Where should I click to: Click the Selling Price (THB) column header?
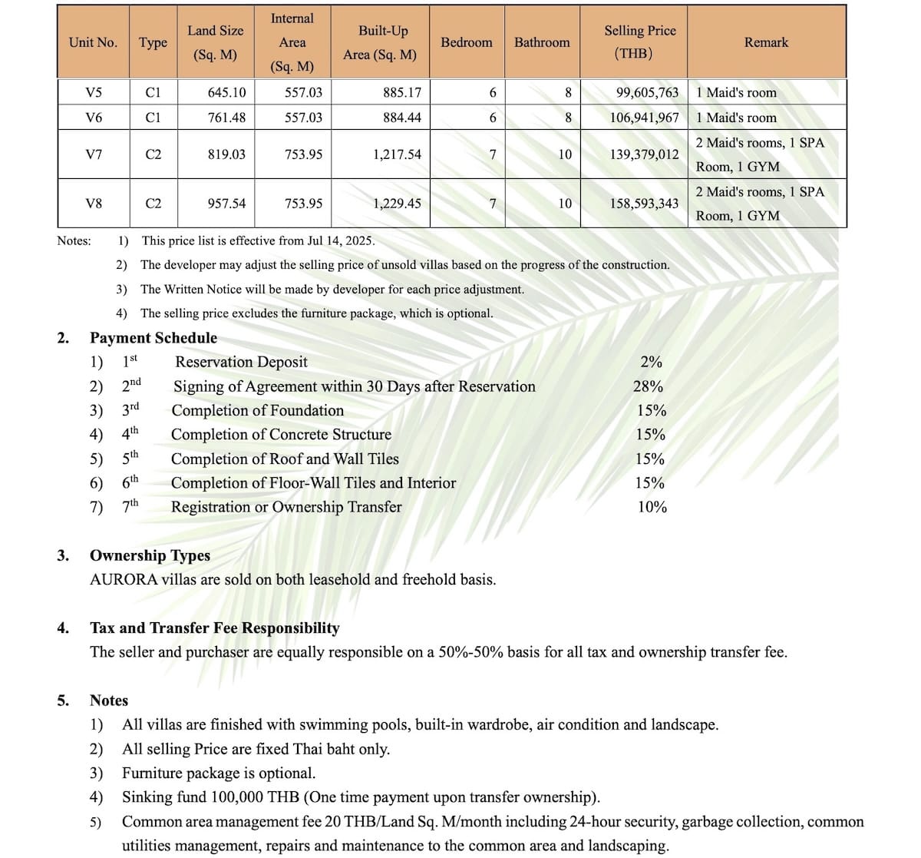pos(639,41)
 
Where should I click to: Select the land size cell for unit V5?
pos(226,92)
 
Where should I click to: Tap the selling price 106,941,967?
pos(644,118)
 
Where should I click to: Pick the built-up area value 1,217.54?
pos(397,154)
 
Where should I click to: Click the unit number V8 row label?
pos(93,204)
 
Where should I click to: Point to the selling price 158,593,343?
pos(644,204)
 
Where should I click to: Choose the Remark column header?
pos(766,42)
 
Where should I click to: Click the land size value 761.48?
pos(226,118)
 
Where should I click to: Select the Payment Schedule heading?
pos(153,338)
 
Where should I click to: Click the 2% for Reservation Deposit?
pos(651,362)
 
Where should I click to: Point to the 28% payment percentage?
pos(648,386)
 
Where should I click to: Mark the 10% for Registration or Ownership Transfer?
pos(652,507)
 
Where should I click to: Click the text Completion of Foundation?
pos(258,410)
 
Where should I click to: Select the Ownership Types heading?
pos(150,555)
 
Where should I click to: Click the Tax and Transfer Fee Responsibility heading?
pos(215,628)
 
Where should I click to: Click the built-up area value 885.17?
pos(402,92)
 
